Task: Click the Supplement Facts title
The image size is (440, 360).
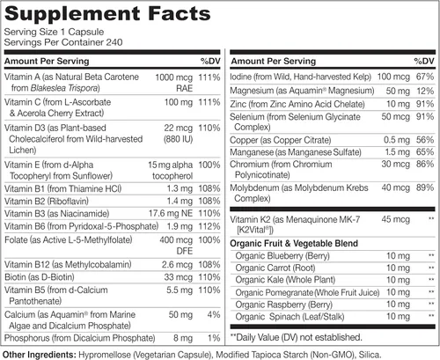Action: pyautogui.click(x=107, y=14)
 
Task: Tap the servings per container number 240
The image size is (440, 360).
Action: pyautogui.click(x=114, y=42)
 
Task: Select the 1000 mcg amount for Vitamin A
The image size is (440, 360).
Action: pyautogui.click(x=173, y=77)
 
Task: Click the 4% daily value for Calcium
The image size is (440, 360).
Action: pyautogui.click(x=214, y=314)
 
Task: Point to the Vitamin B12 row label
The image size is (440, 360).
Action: pyautogui.click(x=68, y=264)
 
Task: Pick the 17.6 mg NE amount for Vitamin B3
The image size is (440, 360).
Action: pyautogui.click(x=171, y=213)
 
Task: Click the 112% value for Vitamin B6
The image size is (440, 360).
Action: pyautogui.click(x=209, y=226)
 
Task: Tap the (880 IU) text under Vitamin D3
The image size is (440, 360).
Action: pyautogui.click(x=178, y=139)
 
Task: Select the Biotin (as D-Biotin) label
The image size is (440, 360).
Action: pyautogui.click(x=40, y=277)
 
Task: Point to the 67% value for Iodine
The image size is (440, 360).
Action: pyautogui.click(x=425, y=77)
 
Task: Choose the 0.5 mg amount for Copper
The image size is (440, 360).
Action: pyautogui.click(x=397, y=140)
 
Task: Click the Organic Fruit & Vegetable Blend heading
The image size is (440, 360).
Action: pyautogui.click(x=294, y=244)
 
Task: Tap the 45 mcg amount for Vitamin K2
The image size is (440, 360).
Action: pyautogui.click(x=395, y=219)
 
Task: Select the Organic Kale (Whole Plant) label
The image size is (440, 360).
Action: pyautogui.click(x=285, y=280)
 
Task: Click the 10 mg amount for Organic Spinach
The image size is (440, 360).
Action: pyautogui.click(x=398, y=317)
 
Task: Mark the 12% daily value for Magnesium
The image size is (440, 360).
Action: pyautogui.click(x=425, y=91)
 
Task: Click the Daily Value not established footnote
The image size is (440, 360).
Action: pyautogui.click(x=297, y=337)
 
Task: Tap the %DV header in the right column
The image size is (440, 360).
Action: pyautogui.click(x=424, y=61)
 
